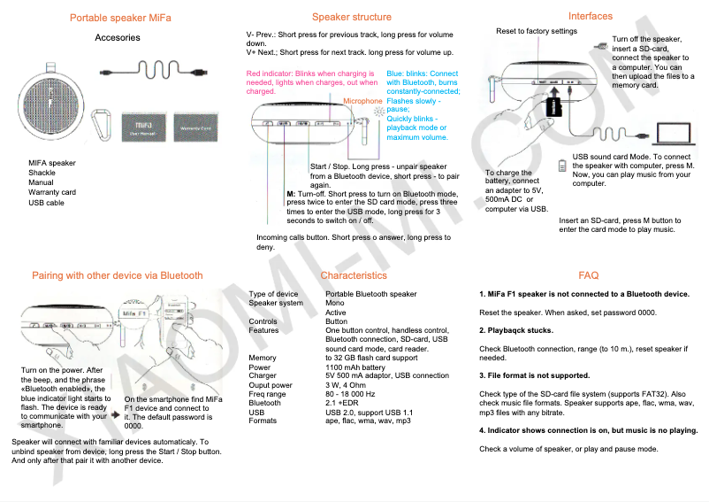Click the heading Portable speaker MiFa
point(120,18)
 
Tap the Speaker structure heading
point(352,17)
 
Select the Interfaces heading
point(591,16)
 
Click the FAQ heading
point(589,275)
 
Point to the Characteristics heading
point(354,275)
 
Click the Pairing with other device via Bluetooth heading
point(118,275)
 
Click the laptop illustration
point(675,133)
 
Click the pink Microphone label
point(362,101)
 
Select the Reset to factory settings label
point(536,31)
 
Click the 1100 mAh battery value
point(355,367)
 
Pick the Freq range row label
point(268,394)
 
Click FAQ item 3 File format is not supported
point(534,375)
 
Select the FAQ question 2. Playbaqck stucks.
point(516,330)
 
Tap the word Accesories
point(118,38)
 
